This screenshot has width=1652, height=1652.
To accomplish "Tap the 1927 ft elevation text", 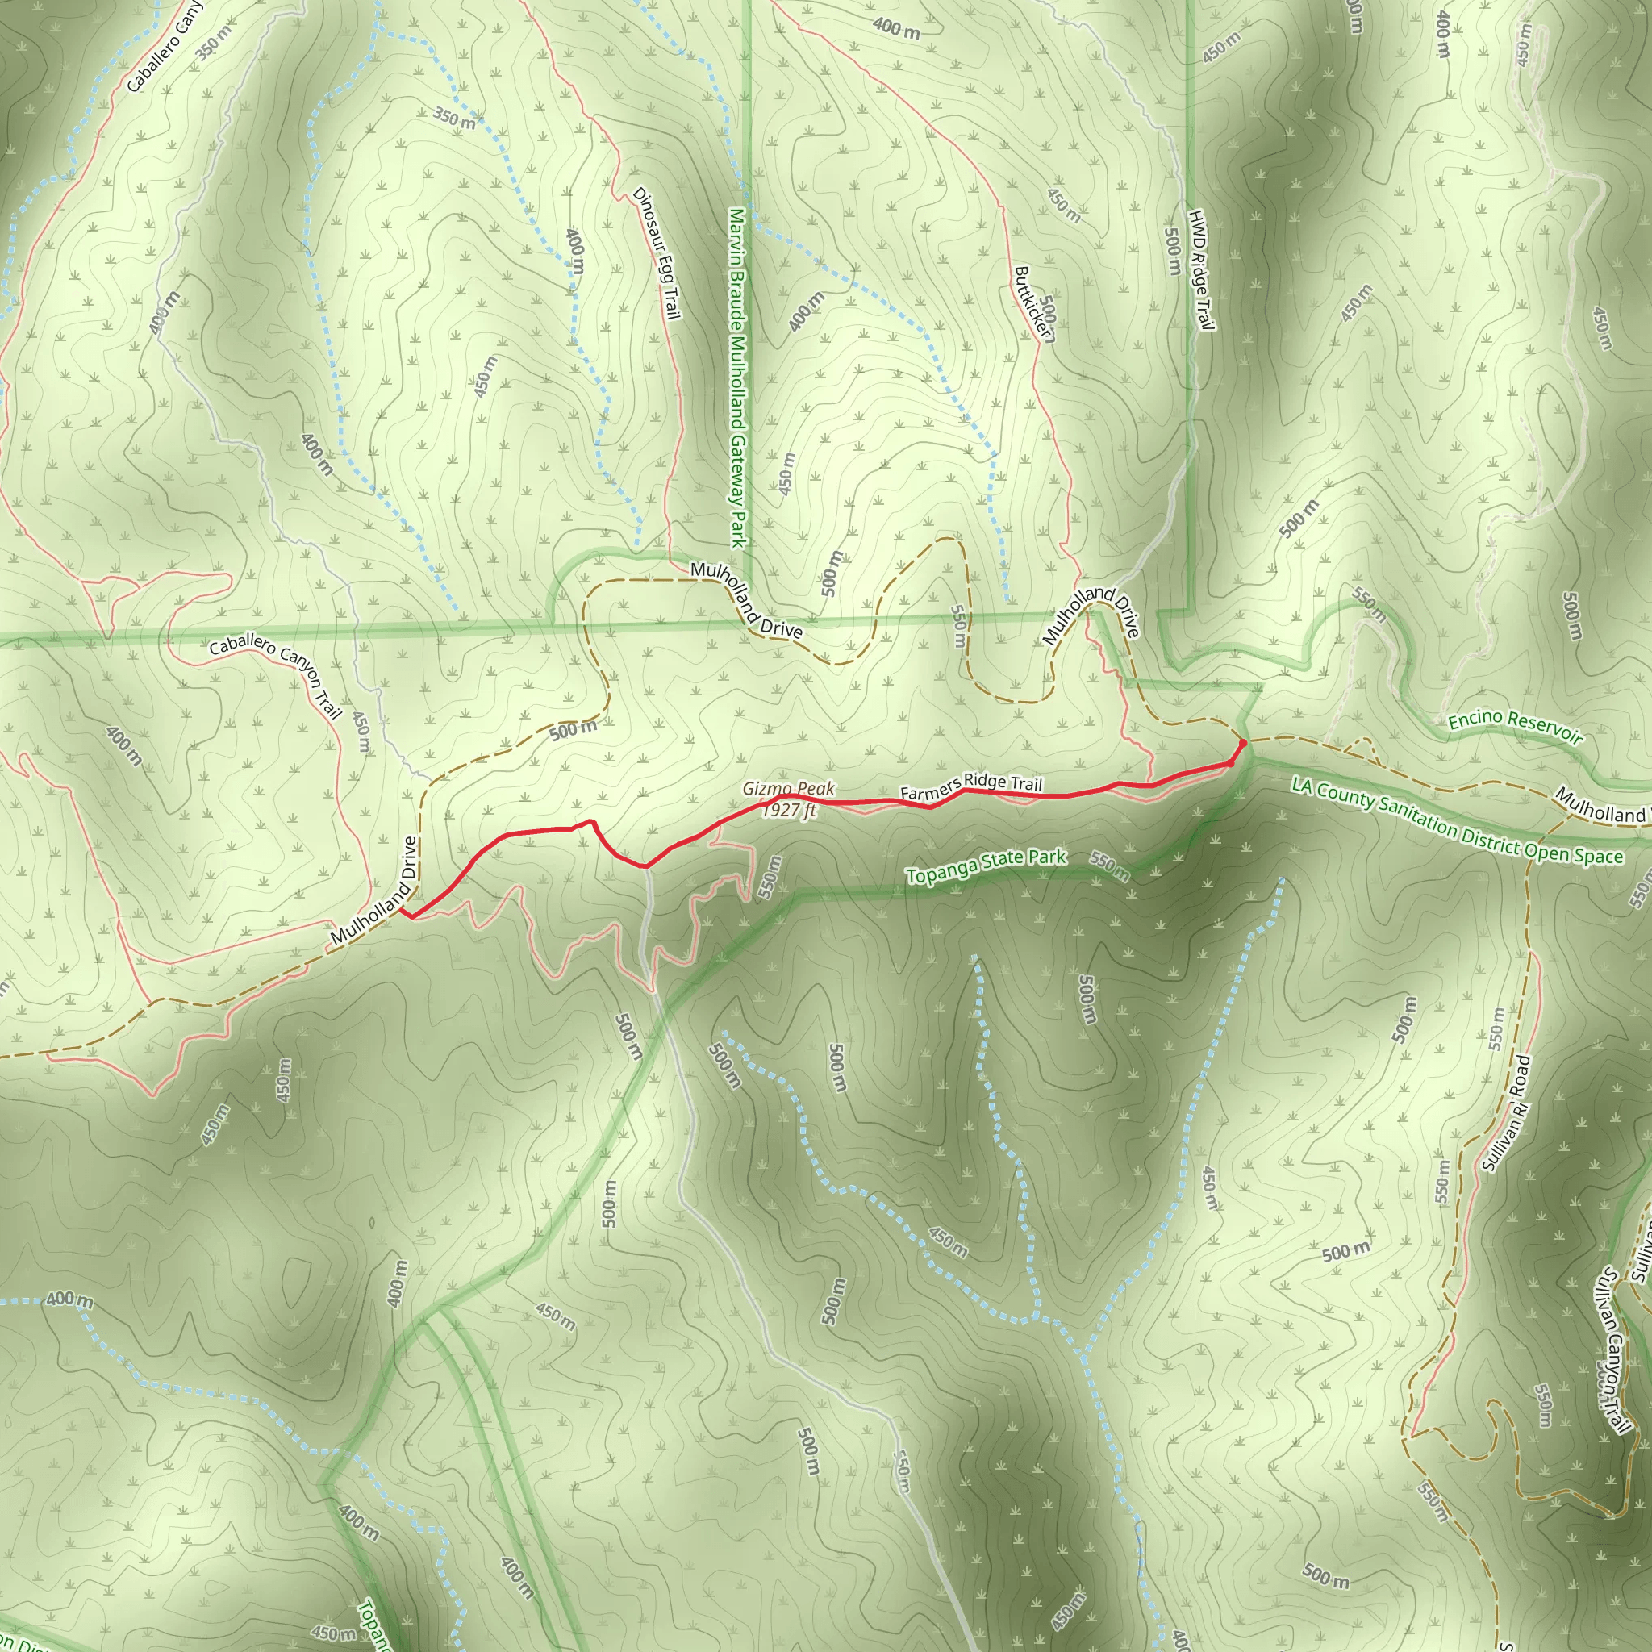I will [x=790, y=810].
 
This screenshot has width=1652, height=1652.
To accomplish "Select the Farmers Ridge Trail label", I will [x=971, y=786].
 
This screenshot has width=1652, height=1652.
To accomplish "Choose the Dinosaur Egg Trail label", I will [x=657, y=253].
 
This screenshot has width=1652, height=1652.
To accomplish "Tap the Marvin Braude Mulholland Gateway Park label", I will [x=738, y=376].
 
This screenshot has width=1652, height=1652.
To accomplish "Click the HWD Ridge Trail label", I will [x=1201, y=269].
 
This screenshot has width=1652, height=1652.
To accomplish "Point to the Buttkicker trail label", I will [x=1033, y=303].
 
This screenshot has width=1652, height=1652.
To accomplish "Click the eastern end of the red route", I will [x=1241, y=742].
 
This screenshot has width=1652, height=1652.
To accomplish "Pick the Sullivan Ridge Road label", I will [x=1505, y=1113].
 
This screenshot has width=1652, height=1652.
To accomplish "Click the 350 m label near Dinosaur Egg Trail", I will [x=453, y=118].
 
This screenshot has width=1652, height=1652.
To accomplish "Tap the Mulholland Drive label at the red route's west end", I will [x=374, y=891].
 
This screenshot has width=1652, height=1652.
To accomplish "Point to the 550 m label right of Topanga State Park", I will [x=1109, y=866].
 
